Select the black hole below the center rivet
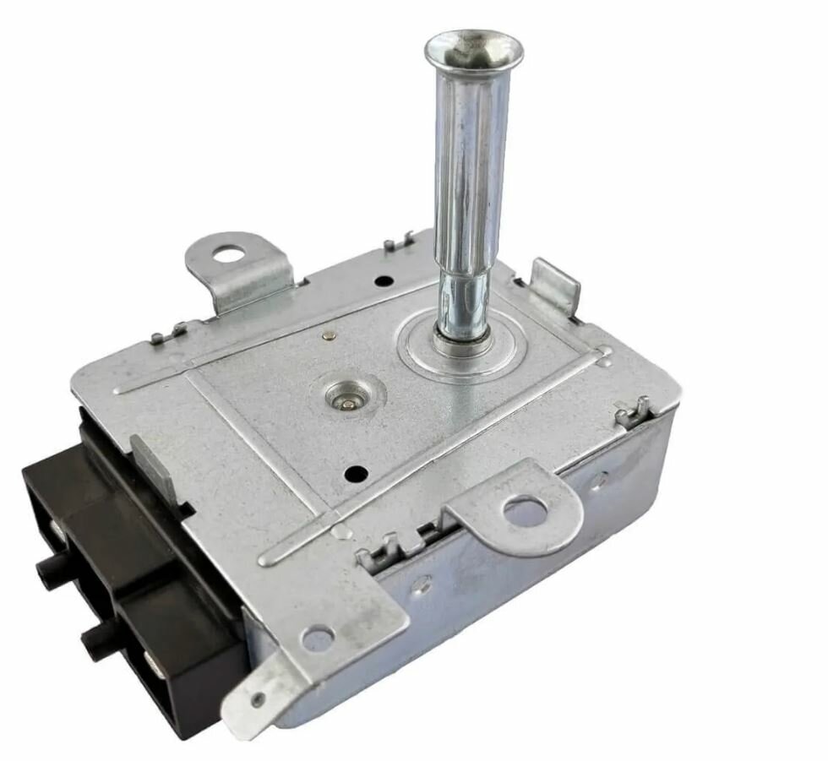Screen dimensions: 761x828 (x=356, y=474)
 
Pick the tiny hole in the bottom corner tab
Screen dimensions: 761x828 (x=257, y=700)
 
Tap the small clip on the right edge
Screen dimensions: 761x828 (x=633, y=413)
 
